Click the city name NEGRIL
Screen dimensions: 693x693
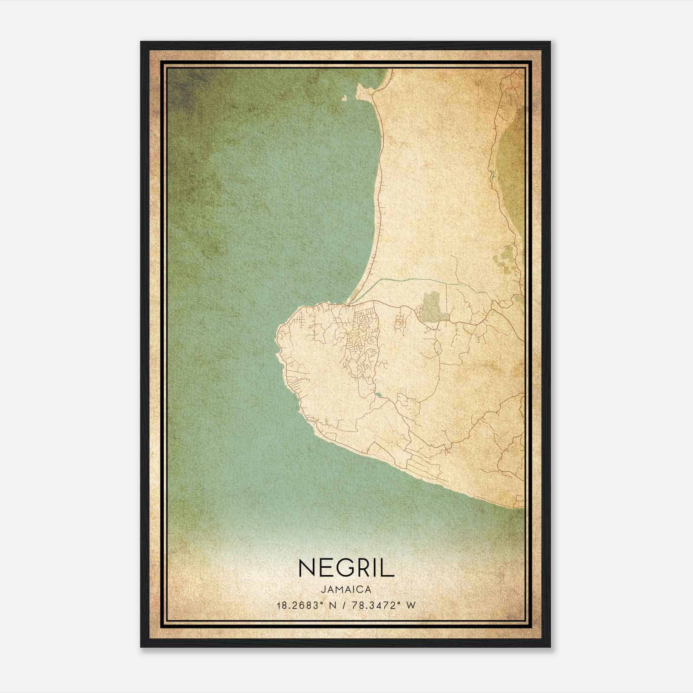(x=346, y=568)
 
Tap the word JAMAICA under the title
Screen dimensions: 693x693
(x=346, y=589)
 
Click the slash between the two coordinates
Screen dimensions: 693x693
(x=343, y=605)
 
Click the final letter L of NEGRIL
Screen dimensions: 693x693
(x=389, y=568)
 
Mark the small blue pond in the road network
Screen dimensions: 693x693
(x=378, y=395)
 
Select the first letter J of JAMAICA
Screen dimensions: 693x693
(x=323, y=589)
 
